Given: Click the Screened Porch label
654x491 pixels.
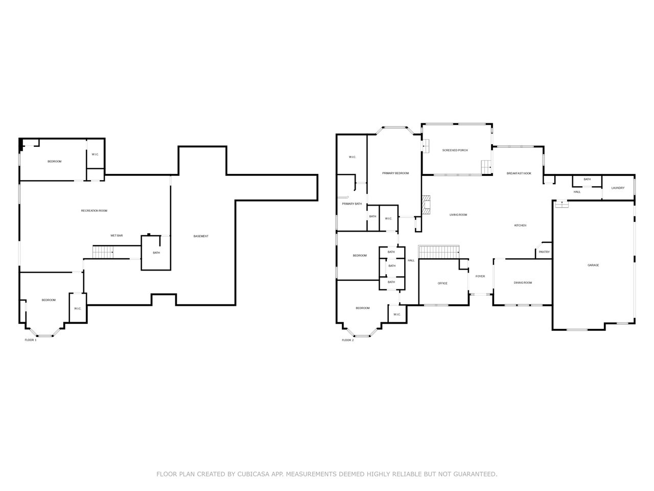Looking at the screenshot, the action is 455,150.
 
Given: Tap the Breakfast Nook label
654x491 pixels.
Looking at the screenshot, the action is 519,173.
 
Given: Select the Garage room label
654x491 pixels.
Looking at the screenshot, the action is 593,265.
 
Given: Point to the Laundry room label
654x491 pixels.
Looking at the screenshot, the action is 618,188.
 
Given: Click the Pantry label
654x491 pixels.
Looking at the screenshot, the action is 544,252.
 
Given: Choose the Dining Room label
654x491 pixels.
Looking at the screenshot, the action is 523,283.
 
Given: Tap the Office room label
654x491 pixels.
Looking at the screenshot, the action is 442,283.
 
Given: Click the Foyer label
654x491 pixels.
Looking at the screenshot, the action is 480,276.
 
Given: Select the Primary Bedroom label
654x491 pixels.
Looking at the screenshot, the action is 395,173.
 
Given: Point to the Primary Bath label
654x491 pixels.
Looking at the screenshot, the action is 352,204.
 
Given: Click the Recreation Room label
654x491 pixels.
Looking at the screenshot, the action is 94,211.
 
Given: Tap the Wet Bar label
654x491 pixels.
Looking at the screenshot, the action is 116,235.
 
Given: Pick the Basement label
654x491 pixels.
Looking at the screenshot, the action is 201,236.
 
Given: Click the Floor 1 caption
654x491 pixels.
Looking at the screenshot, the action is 30,340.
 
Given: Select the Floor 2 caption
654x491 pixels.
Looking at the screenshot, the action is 348,340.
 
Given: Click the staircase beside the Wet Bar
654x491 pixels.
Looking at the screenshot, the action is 103,252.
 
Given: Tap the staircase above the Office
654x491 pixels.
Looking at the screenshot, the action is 438,252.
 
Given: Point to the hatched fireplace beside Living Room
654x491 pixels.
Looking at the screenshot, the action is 426,205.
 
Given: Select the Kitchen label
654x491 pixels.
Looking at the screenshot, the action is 520,226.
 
